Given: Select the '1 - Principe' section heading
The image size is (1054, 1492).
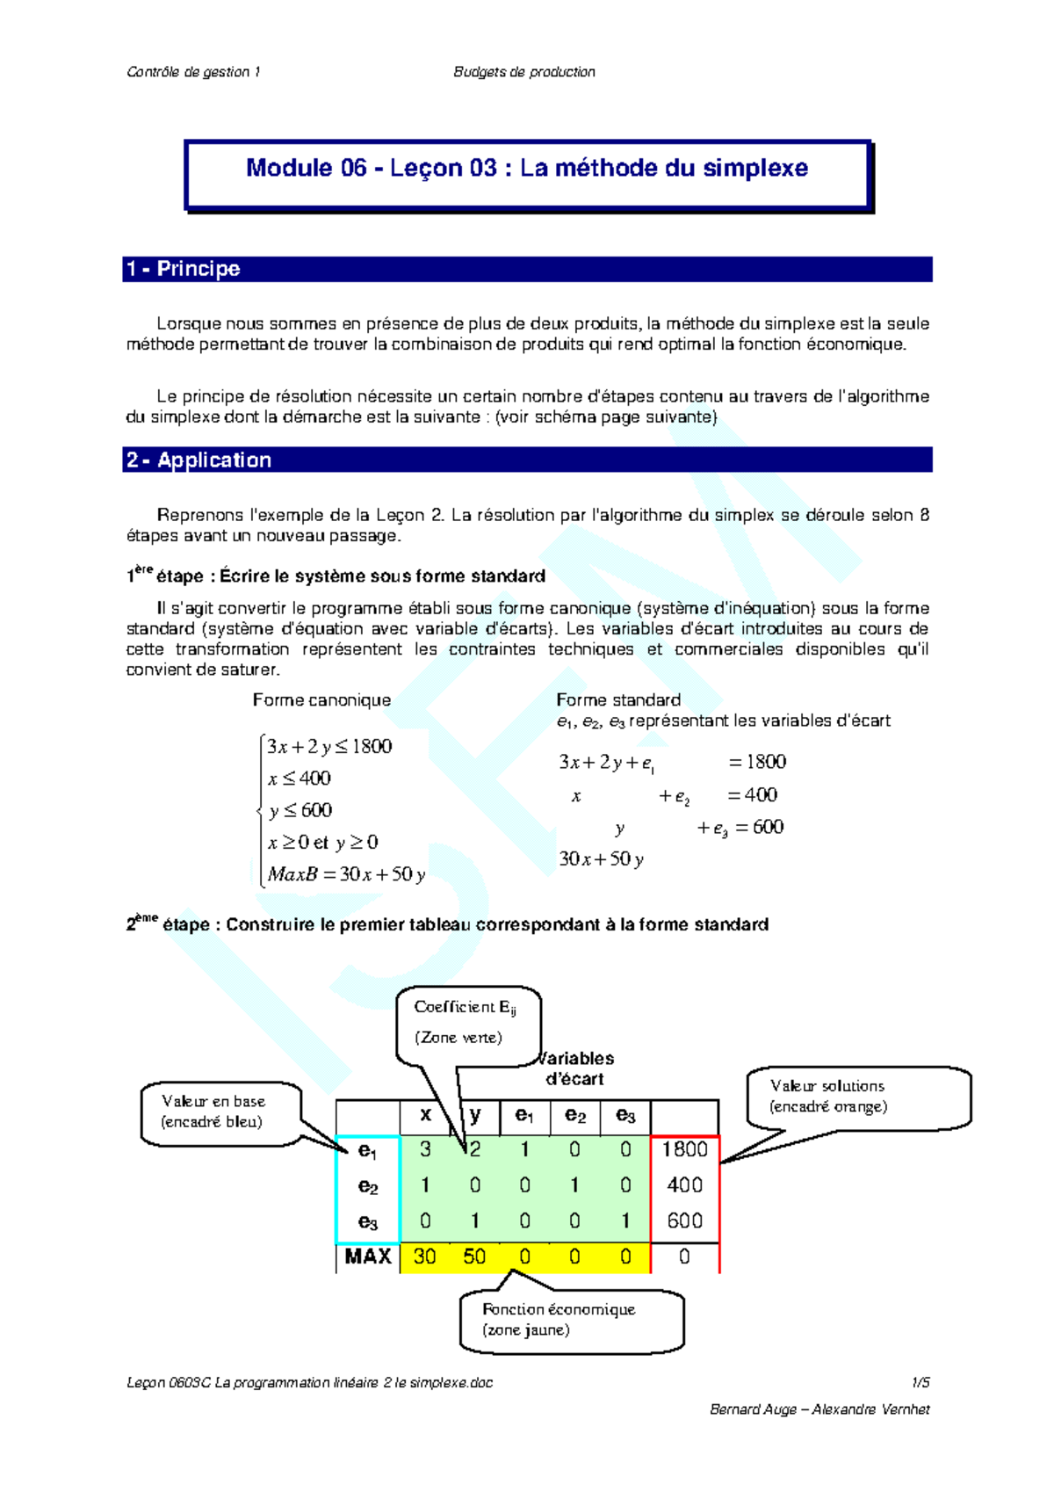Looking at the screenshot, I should point(184,269).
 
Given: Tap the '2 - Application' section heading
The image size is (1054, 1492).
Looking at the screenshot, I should point(199,460).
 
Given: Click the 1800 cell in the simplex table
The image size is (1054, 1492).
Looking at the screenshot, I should point(684,1149).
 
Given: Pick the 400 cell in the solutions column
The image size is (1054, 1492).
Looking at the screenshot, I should point(684,1185).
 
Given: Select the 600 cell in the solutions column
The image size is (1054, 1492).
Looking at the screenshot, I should point(684,1220).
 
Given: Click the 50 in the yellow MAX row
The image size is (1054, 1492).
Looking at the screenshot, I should point(474,1257).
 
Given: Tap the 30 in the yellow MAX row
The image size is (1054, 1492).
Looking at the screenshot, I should point(425,1257).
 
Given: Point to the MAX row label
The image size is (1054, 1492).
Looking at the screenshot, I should point(368,1257).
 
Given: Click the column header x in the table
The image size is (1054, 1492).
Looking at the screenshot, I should point(425,1115).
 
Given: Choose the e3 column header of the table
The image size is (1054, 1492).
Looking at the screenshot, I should point(625,1115).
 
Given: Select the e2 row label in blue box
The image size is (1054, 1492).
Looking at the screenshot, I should point(368,1186).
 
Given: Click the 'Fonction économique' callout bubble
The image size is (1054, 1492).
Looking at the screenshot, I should point(570,1319).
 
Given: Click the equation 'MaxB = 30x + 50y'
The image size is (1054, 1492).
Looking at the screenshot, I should point(346,874).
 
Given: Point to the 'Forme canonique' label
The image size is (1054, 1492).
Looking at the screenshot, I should point(321,700).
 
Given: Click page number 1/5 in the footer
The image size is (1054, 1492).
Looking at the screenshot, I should point(920,1382).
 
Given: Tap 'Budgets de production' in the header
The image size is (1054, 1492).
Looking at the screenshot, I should point(524,72).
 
